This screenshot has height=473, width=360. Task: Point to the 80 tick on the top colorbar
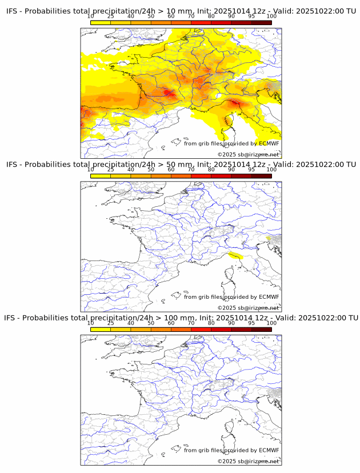coord(211,16)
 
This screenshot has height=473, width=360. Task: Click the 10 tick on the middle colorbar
coord(91,170)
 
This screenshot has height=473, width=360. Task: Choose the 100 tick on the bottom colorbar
coord(271,323)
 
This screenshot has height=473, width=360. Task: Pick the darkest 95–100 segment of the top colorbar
coord(261,22)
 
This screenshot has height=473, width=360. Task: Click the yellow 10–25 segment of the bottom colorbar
coord(101,330)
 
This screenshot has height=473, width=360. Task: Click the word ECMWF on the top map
coord(269,143)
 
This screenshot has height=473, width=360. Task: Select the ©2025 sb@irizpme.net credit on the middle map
coord(248,308)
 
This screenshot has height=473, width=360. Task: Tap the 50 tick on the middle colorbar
coord(151,170)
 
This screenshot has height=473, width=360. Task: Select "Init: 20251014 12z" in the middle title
coord(230,165)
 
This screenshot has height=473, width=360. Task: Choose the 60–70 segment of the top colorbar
coord(181,22)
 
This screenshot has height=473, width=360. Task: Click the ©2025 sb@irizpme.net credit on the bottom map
coord(248,461)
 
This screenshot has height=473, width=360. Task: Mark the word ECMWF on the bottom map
coord(269,450)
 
